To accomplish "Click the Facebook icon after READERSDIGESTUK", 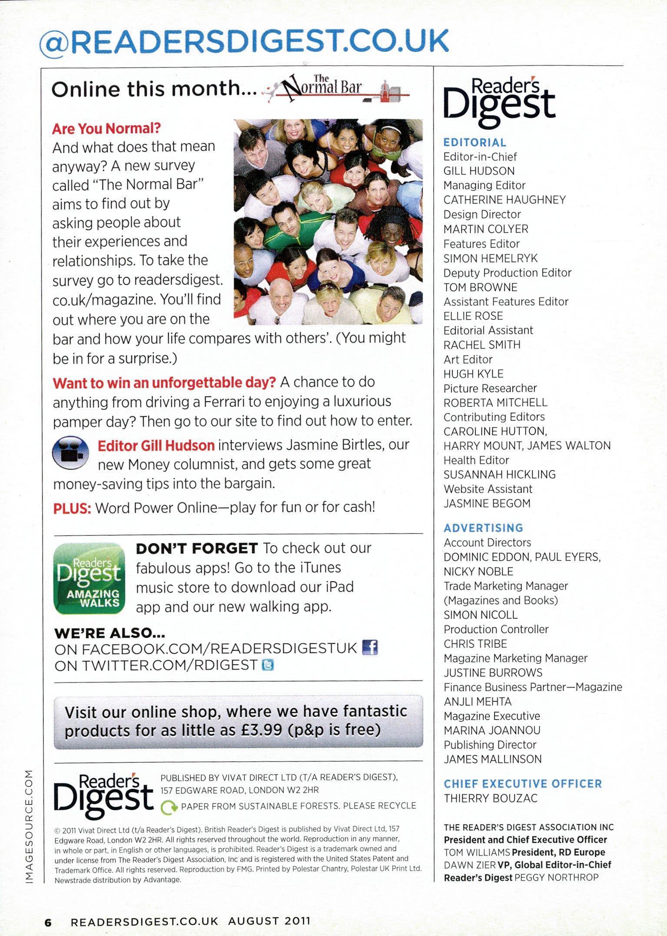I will [370, 648].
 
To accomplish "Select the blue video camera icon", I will [70, 453].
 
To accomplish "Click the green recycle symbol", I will [169, 807].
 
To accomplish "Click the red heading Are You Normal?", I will [106, 129].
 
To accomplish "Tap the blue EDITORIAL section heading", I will [475, 143].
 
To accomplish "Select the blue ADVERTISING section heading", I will [483, 528].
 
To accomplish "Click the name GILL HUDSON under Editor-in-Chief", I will [479, 171].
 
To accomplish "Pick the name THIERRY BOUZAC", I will [491, 798].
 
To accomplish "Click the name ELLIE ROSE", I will [473, 316].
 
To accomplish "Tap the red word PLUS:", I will [72, 508].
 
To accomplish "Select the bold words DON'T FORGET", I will [197, 549].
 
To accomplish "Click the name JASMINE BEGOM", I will [487, 503].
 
